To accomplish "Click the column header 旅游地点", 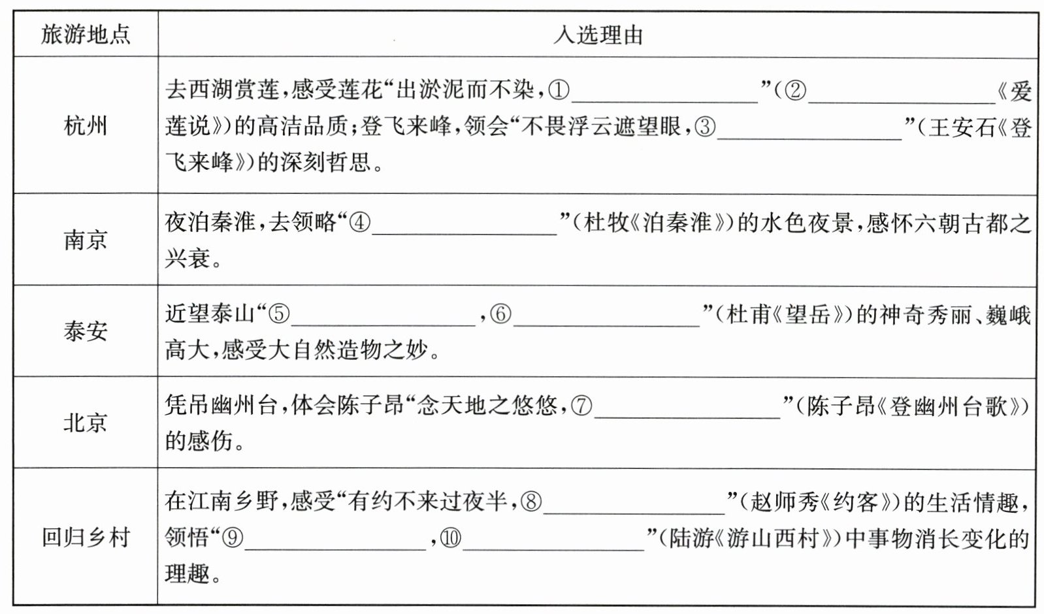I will (x=86, y=35).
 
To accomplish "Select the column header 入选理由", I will (x=597, y=35).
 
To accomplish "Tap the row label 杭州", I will (x=86, y=125).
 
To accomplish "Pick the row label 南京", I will (x=86, y=240).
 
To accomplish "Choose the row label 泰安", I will (x=86, y=331).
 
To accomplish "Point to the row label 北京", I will (x=86, y=423).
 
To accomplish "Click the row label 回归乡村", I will (x=86, y=537).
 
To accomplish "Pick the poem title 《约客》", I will (x=857, y=502).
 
